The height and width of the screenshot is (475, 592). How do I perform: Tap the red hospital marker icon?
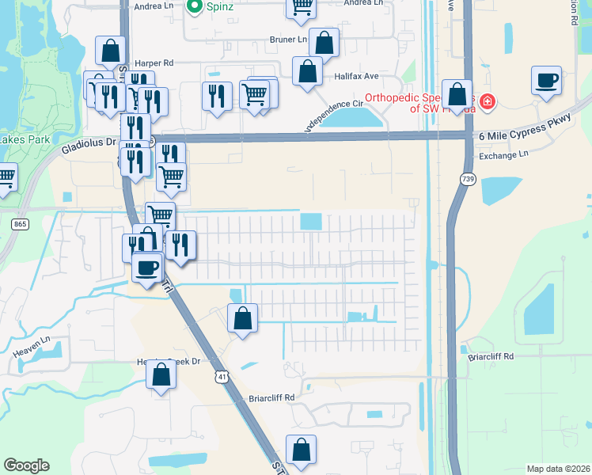click(x=488, y=101)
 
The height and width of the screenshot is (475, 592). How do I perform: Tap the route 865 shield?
click(x=19, y=225)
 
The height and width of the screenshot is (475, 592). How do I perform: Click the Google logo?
click(x=26, y=465)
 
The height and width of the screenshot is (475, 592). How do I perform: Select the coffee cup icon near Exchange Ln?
click(x=547, y=81)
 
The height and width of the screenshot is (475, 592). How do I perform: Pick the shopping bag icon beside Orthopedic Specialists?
click(x=457, y=95)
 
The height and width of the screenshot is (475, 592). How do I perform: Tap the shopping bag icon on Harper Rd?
click(x=111, y=51)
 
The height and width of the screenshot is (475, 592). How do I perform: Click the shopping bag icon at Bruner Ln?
click(x=324, y=43)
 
